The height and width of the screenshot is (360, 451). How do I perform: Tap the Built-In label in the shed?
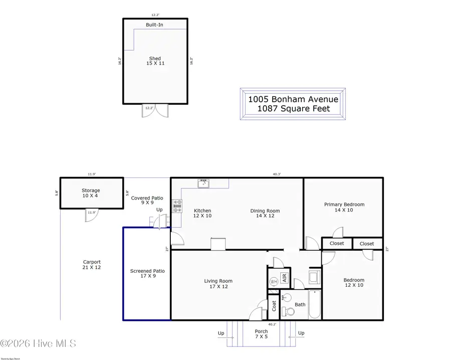[x=154, y=25]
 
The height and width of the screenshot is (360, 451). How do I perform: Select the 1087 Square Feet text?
[x=293, y=109]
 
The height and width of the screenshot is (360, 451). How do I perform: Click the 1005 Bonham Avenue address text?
[x=293, y=99]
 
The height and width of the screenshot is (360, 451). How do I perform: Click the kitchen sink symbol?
[x=203, y=183]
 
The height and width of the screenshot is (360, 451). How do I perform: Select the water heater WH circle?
[x=274, y=282]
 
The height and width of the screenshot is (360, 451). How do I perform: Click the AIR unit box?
[x=284, y=278]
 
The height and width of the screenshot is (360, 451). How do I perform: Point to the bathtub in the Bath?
[x=314, y=304]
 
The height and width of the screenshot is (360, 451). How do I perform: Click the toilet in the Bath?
[x=286, y=298]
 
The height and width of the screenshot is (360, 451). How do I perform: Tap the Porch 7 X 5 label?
[x=261, y=334]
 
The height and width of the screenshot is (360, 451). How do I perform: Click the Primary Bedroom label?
[x=344, y=207]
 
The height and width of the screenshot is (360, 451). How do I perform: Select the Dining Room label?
[x=265, y=214]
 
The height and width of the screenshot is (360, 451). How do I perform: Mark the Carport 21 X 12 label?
[x=92, y=265]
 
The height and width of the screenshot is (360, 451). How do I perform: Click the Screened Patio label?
[x=147, y=274]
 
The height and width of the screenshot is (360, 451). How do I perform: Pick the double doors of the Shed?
[x=155, y=110]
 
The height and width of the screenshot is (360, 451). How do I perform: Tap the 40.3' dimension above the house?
[x=277, y=174]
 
